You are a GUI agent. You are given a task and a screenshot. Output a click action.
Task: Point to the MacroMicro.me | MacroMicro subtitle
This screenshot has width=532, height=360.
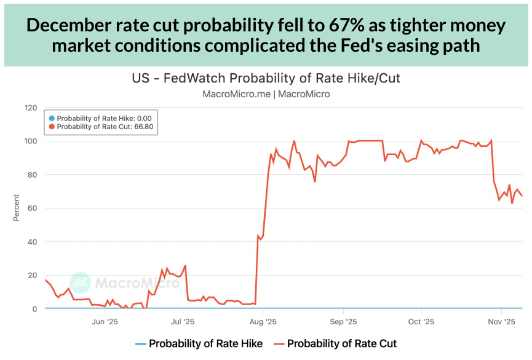point(266,94)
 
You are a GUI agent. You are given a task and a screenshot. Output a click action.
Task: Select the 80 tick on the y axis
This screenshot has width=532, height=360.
point(33,175)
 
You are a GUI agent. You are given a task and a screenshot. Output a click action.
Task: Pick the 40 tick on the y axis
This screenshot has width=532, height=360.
point(33,242)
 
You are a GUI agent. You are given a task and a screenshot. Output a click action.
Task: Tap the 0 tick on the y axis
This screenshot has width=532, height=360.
point(35,309)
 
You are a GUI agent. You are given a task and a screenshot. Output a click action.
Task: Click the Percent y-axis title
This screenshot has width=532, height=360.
point(16,208)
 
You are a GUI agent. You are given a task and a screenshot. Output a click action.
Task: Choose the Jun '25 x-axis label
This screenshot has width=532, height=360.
point(106,321)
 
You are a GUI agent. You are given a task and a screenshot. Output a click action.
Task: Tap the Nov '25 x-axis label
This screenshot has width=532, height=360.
point(502,321)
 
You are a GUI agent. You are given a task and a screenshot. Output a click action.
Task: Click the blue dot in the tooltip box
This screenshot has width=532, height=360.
point(52,118)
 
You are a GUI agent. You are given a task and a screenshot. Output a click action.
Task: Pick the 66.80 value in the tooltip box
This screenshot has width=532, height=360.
point(143,127)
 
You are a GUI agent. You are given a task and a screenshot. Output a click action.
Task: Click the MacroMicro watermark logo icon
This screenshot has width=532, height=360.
point(81,282)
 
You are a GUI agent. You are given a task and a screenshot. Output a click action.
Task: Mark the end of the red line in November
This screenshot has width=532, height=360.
point(522,196)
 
